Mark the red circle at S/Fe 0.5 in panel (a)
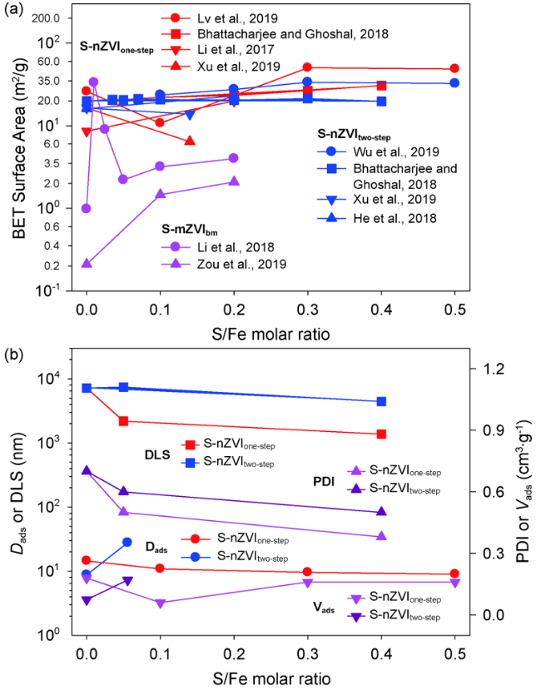click(x=454, y=69)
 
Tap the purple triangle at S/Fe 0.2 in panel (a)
click(x=234, y=181)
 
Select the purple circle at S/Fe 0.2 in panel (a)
click(x=234, y=158)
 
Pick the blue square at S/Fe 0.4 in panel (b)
click(x=381, y=401)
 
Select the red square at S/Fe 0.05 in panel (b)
click(x=123, y=421)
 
